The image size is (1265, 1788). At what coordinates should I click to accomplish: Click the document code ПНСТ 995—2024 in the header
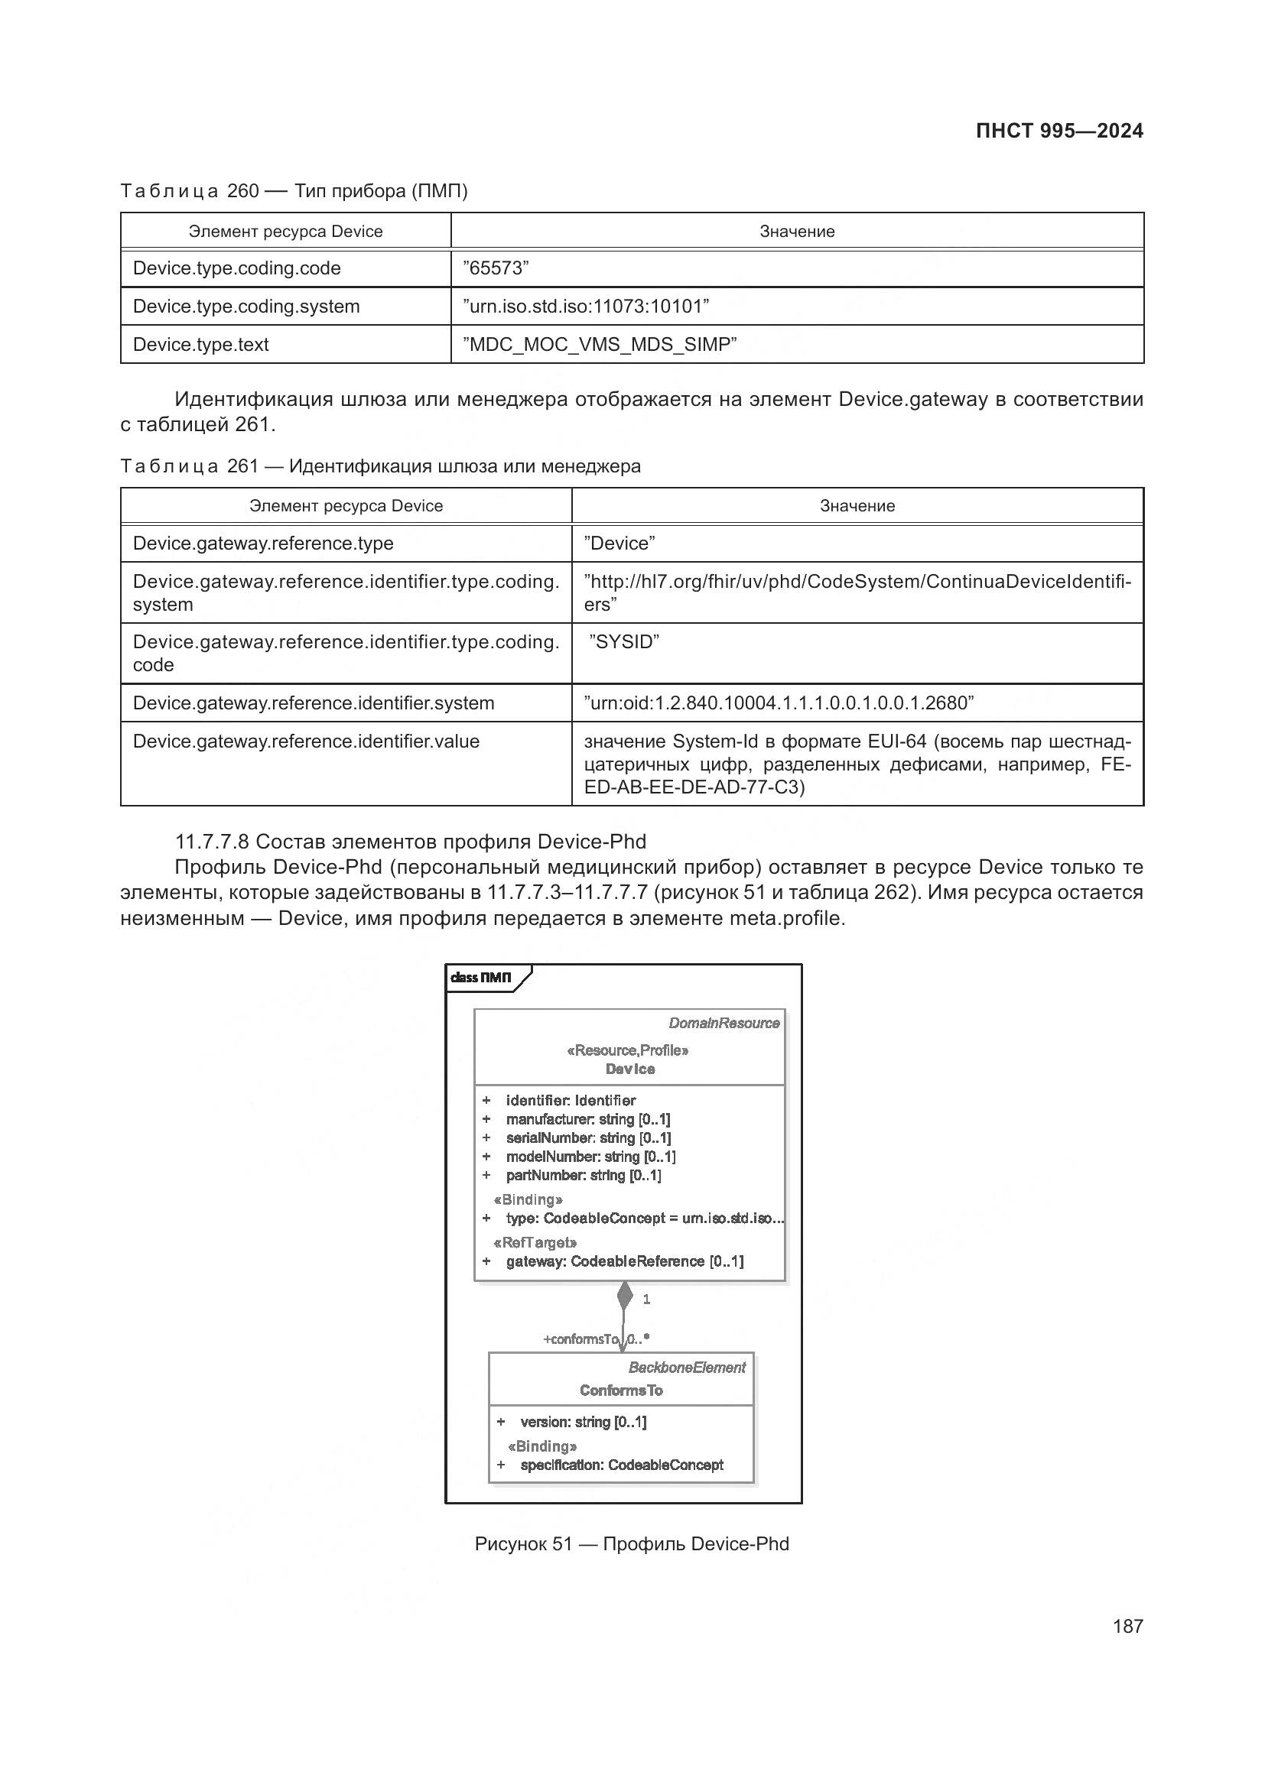[1059, 131]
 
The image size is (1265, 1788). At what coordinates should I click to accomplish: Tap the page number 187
[1127, 1626]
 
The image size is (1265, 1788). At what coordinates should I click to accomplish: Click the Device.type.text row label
[201, 344]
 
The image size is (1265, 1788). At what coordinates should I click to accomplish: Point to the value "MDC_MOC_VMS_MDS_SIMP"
[600, 344]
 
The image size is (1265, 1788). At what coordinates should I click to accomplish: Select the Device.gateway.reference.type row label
[263, 543]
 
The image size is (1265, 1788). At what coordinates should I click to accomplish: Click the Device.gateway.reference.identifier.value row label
[306, 741]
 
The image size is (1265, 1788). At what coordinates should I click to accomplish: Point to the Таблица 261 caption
[380, 466]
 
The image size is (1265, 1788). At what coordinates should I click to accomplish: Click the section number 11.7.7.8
[212, 842]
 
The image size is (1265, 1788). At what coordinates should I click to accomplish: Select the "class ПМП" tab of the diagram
[481, 978]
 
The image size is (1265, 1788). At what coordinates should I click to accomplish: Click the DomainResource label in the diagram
[724, 1024]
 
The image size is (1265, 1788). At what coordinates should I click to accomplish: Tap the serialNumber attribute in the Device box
[588, 1137]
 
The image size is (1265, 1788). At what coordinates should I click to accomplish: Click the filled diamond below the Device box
[625, 1296]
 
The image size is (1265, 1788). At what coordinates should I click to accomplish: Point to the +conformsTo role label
[580, 1339]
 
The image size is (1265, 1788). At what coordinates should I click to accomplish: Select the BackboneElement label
[686, 1367]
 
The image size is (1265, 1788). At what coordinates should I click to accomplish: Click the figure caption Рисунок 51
[631, 1543]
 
